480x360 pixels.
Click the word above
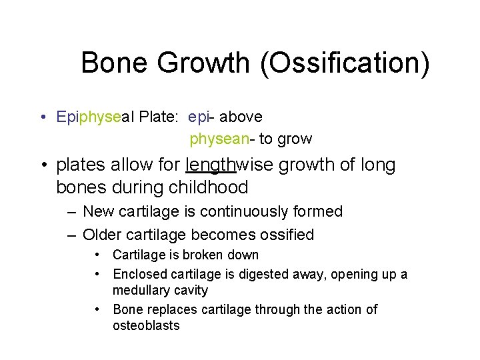click(x=241, y=117)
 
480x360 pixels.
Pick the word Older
click(x=102, y=235)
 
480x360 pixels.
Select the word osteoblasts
click(x=146, y=325)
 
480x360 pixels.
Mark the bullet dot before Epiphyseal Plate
click(x=43, y=118)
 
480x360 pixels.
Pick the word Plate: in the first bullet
click(x=159, y=117)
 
